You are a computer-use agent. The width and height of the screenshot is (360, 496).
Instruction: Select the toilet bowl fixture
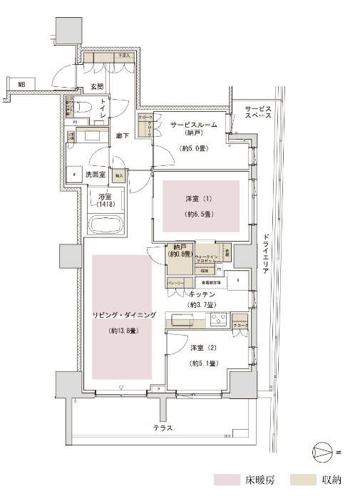[x=84, y=107]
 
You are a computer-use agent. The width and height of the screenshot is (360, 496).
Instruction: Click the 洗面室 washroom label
[x=97, y=174]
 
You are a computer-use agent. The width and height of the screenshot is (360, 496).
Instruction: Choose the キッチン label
[x=203, y=293]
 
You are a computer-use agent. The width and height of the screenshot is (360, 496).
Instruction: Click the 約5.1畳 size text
[x=202, y=363]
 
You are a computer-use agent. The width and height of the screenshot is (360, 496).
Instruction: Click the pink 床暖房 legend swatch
[x=228, y=480]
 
